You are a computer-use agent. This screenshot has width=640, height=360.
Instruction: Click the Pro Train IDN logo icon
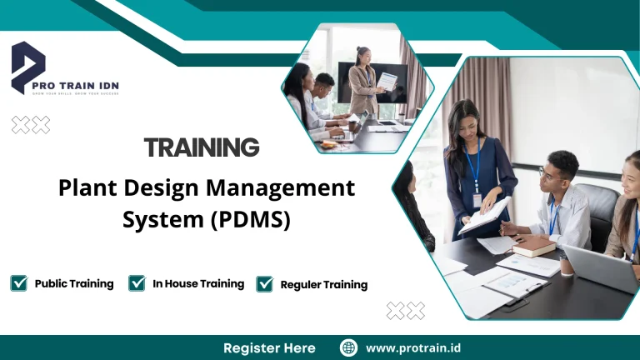click(x=27, y=67)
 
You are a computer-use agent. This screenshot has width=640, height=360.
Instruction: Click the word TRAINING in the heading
click(x=202, y=148)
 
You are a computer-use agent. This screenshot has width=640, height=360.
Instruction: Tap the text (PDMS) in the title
click(x=250, y=220)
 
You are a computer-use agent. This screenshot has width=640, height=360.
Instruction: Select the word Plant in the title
click(x=84, y=188)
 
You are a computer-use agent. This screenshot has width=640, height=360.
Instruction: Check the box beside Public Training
click(x=18, y=283)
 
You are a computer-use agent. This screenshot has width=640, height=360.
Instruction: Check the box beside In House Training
click(x=137, y=283)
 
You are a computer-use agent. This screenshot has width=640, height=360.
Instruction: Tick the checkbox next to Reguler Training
click(x=265, y=284)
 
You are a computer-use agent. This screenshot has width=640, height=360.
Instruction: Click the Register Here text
click(x=269, y=347)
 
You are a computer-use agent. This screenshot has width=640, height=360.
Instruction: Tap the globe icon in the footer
click(x=348, y=347)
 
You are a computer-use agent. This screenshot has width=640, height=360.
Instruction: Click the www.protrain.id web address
click(x=412, y=347)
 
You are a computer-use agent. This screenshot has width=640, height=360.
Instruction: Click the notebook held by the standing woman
click(x=485, y=215)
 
